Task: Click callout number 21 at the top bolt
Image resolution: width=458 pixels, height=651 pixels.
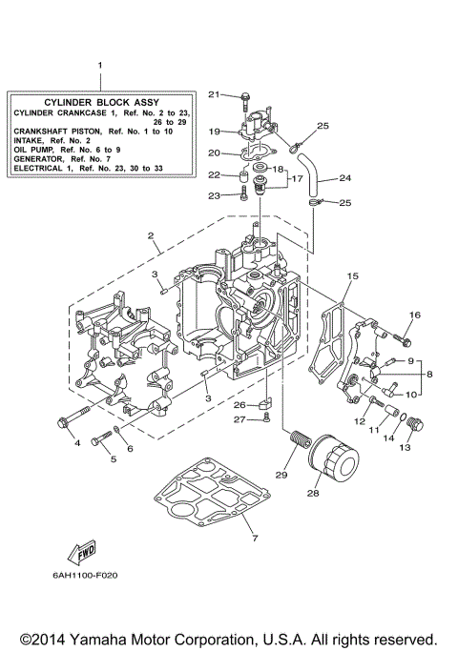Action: [x=215, y=93]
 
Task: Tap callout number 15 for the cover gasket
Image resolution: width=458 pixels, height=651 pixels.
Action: [x=352, y=275]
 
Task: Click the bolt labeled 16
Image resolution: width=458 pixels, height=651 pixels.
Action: [x=405, y=336]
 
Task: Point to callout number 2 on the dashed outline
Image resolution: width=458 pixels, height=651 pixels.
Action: [x=150, y=235]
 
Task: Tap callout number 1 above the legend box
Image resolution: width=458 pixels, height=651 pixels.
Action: [x=98, y=64]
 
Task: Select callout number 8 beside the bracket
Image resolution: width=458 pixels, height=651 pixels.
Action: [x=428, y=375]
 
